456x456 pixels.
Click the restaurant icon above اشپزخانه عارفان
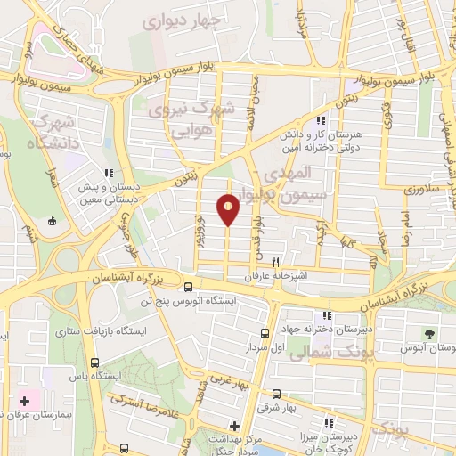(x=276, y=263)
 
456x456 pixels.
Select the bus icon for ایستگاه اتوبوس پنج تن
(x=188, y=287)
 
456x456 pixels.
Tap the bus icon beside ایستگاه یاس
(x=95, y=362)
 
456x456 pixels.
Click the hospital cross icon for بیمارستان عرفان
(x=24, y=403)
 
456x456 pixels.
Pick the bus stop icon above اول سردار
(x=264, y=334)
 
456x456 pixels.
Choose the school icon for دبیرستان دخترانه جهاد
(x=328, y=315)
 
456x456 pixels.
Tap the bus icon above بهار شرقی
(x=276, y=394)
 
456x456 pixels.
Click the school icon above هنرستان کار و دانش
(x=321, y=120)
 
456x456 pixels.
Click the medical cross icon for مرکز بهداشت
(x=234, y=426)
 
